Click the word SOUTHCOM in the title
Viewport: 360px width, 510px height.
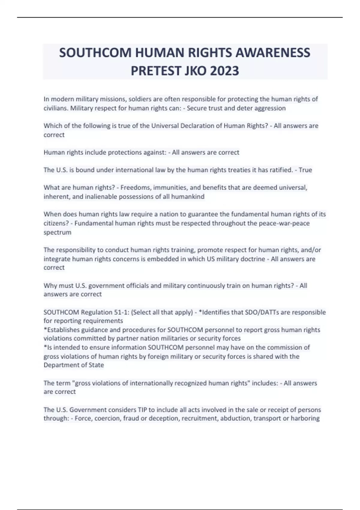[x=95, y=53]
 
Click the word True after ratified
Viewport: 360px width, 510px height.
[x=305, y=170]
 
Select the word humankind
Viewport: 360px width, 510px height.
[x=187, y=197]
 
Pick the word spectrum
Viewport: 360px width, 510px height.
[x=57, y=232]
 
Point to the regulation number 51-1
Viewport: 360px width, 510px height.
[x=121, y=312]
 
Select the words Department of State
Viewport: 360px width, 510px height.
[x=74, y=365]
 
